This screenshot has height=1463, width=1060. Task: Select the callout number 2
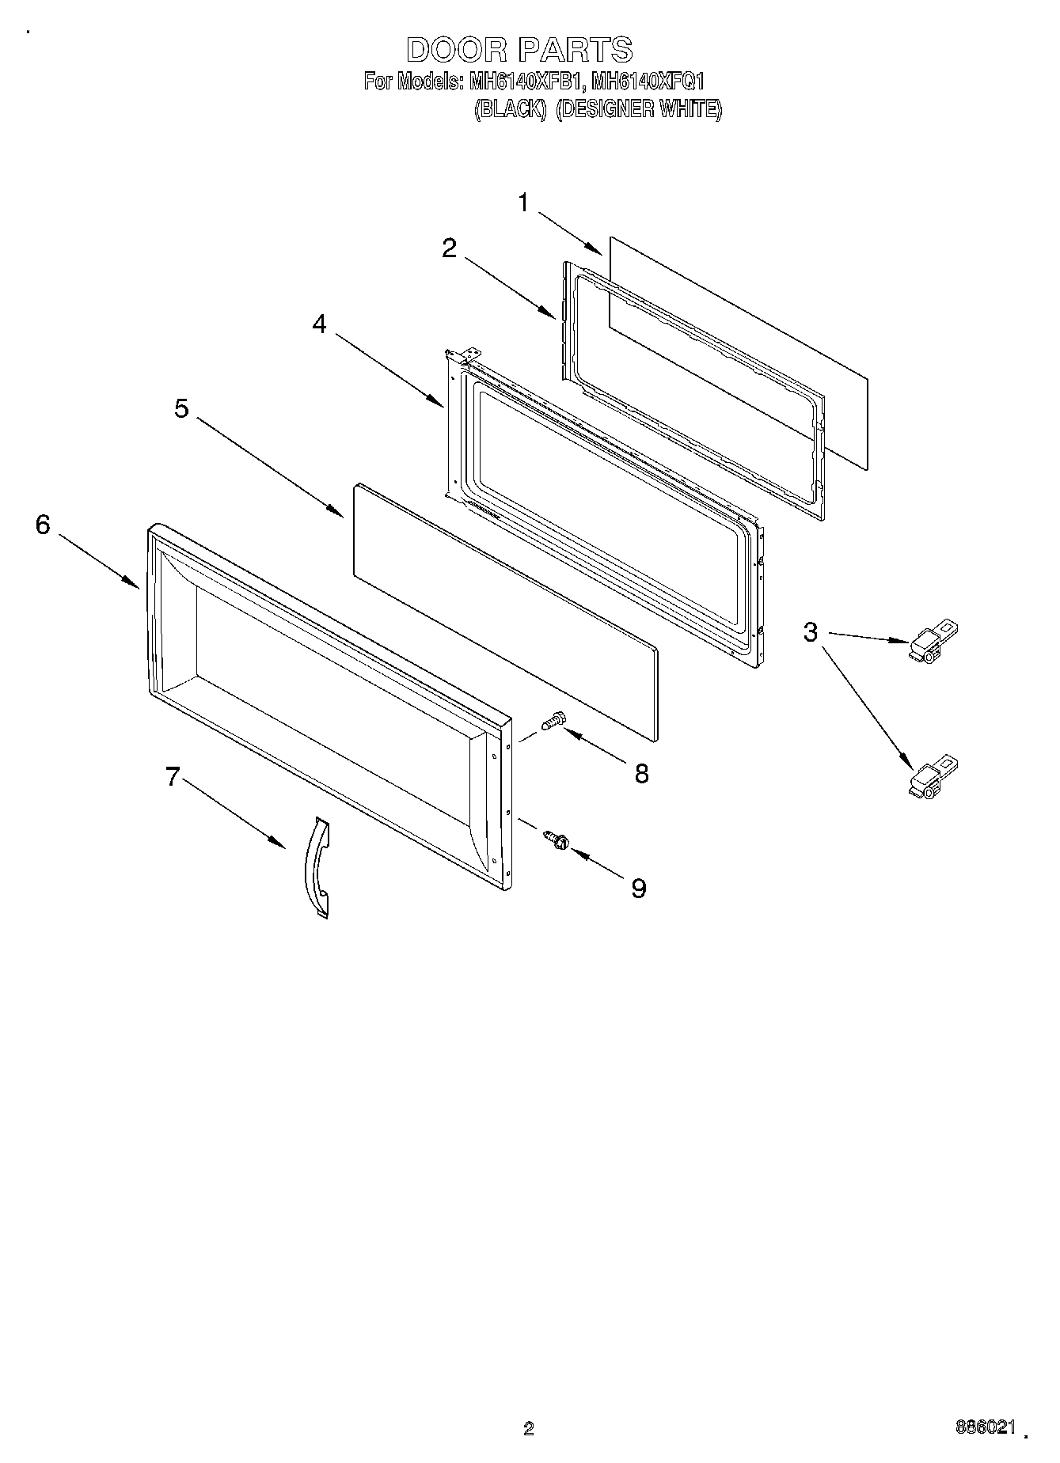coord(449,248)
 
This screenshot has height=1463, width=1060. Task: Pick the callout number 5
coord(182,409)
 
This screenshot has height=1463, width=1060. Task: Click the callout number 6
coord(43,525)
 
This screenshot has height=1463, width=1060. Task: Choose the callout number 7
coord(173,778)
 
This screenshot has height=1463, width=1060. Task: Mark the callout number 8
coord(641,774)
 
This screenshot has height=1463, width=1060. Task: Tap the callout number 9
coord(638,889)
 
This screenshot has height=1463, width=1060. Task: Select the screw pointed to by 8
coord(552,720)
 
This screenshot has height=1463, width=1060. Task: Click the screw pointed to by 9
coord(557,840)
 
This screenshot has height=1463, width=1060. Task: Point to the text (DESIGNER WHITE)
coord(638,110)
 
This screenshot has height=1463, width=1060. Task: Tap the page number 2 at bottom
coord(529,1428)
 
